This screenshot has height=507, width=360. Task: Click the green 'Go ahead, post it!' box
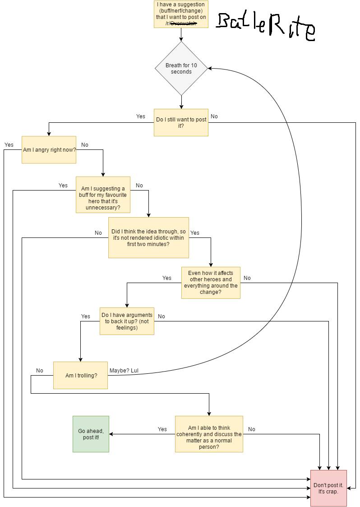[91, 434]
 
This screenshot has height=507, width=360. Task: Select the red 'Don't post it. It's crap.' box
[328, 488]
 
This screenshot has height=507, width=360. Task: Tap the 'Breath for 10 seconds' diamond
[181, 69]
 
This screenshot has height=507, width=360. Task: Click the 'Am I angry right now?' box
[49, 149]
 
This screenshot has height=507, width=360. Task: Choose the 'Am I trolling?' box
[81, 375]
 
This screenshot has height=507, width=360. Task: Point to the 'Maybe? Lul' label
[124, 371]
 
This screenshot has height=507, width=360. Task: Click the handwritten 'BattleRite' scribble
[265, 26]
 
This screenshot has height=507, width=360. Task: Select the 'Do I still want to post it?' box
[181, 122]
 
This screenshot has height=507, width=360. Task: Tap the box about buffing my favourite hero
[103, 195]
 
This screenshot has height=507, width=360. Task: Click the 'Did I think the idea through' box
[148, 237]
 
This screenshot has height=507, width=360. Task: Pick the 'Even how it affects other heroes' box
[211, 283]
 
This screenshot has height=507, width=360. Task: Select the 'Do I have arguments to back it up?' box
[127, 321]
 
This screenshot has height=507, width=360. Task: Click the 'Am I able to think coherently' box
[209, 434]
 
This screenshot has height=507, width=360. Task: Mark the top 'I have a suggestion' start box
[181, 14]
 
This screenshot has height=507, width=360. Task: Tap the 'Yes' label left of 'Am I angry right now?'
[9, 145]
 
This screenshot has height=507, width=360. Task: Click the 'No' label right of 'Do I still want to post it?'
[214, 116]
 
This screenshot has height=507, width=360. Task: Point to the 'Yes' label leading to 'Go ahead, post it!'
[162, 429]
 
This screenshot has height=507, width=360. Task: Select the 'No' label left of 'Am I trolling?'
[40, 371]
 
